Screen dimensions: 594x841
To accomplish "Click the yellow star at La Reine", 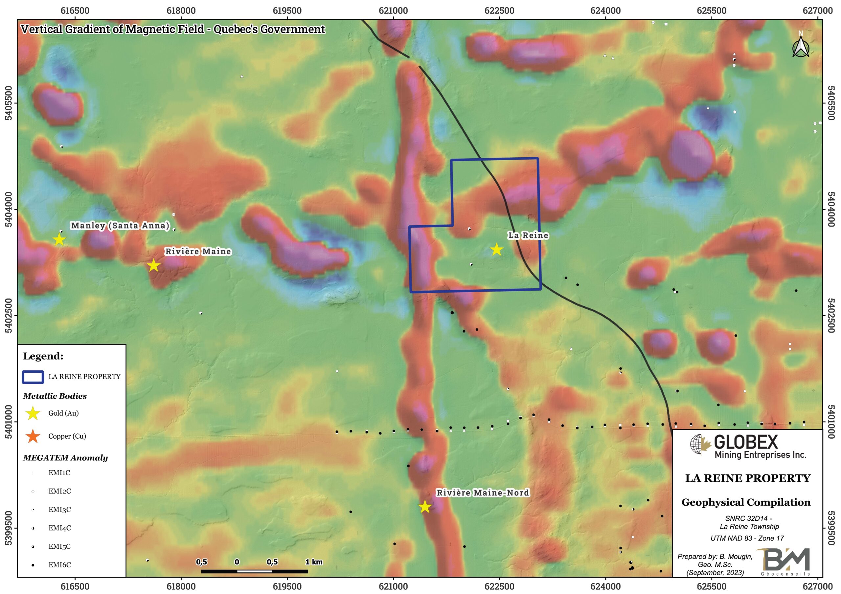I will coord(496,250).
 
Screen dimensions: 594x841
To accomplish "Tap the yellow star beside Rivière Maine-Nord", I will coord(424,507).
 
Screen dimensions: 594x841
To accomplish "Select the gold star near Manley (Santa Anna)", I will coord(59,240).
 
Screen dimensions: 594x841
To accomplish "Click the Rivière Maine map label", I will coord(198,251).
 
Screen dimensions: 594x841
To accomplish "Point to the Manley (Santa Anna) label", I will coord(120,225).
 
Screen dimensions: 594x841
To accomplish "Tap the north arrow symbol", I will coord(801,47).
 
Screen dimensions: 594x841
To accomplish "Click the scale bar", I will coord(254,571).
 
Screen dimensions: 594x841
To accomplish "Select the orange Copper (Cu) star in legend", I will coord(33,436).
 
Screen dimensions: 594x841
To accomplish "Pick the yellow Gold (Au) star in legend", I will coord(33,413).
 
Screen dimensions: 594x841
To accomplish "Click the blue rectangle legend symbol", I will coord(33,377).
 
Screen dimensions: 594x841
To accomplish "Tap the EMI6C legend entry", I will coord(59,565).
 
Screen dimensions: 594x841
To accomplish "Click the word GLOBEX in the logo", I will coord(746,442).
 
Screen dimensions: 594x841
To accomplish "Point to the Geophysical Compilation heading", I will coord(746,502).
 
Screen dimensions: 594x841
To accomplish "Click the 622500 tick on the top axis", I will coord(499,11).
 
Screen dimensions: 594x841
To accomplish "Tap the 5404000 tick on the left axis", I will coord(9,209).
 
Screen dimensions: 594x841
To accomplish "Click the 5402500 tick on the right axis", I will coord(831,315).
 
